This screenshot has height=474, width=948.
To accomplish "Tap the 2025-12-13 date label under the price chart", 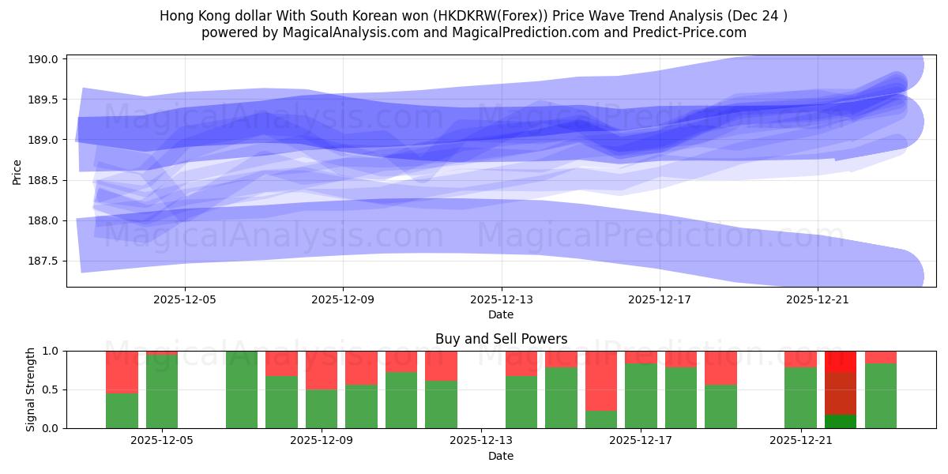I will pos(501,300).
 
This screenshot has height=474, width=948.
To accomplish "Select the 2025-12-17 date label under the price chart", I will pos(660,300).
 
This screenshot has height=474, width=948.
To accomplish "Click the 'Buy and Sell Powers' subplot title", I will pos(501,339).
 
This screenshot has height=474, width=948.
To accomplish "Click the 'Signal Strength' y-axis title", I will pos(31,389).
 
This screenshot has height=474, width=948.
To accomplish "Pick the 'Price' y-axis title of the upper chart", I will pos(17,171).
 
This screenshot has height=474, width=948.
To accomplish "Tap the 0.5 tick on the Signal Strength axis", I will pos(50,389).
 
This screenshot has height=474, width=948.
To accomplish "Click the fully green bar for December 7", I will pos(242,389).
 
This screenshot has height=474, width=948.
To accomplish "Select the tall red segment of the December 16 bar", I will pos(601,381).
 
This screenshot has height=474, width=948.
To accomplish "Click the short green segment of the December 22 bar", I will pos(841,421).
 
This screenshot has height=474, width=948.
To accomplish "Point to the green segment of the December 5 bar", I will pos(162,392).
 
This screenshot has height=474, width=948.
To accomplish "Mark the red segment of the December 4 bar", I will pos(122,371).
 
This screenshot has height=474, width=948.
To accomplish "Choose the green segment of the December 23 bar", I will pos(881,396).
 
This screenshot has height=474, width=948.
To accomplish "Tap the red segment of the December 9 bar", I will pos(322,370).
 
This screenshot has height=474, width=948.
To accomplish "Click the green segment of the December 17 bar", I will pos(641,396).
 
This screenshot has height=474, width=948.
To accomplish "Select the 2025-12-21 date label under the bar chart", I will pos(801,441).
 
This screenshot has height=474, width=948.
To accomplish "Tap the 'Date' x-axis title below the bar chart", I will pos(501,456).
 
